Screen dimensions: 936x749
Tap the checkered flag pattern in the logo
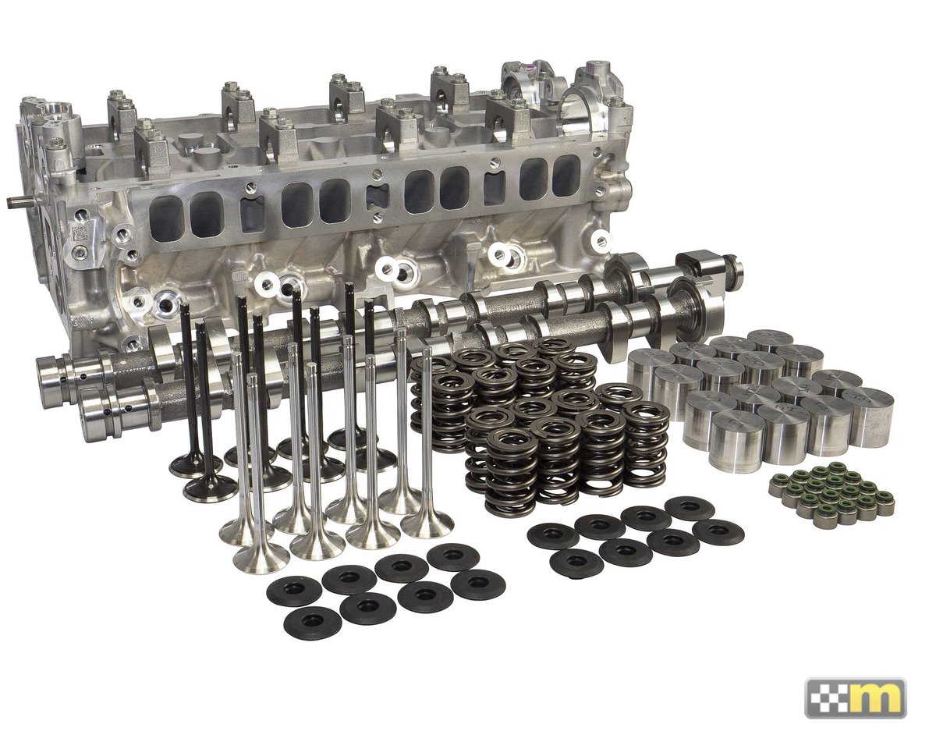pos(823,699)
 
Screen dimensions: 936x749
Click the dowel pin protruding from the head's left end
pos(19,202)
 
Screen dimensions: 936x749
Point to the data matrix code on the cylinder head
pos(80,234)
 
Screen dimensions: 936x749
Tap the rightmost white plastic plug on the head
pos(602,239)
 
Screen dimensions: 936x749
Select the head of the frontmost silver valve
pos(261,559)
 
